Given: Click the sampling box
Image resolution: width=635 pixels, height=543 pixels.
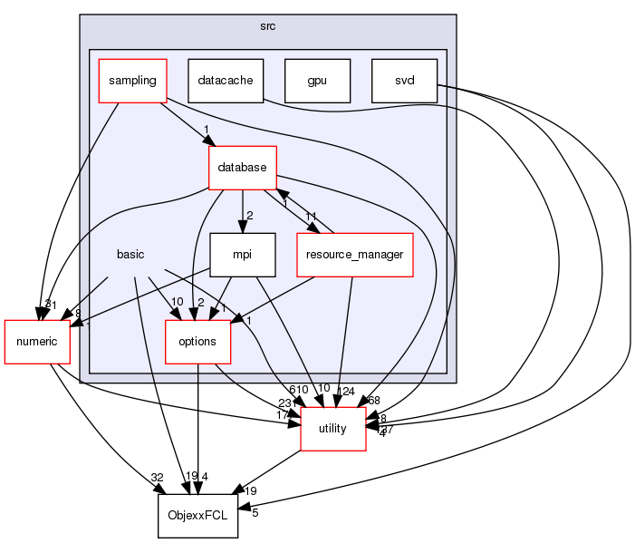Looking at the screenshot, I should tap(133, 81).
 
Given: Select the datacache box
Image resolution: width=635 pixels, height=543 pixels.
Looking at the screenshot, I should tap(226, 81).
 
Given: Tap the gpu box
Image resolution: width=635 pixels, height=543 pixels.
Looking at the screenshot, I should tap(316, 81).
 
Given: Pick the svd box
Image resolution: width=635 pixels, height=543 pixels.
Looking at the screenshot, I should tap(404, 81).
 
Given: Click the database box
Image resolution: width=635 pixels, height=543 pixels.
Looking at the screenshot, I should tap(242, 168).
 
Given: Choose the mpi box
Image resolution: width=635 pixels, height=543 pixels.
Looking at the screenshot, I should tap(242, 255).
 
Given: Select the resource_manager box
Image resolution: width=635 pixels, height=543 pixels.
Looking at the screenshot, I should tap(355, 255).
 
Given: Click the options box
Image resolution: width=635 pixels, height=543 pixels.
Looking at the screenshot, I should tap(197, 342).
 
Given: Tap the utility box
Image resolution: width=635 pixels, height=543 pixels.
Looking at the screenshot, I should tap(332, 429).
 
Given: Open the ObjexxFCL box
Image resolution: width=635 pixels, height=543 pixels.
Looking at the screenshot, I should tap(197, 516).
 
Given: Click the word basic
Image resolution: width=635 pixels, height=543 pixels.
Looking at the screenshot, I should tap(130, 255).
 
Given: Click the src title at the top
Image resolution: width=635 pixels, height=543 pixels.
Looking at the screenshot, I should tap(267, 25).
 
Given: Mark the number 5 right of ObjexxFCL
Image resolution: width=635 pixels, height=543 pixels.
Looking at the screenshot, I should tap(255, 512).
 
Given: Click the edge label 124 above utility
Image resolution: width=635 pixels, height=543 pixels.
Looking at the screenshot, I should tap(345, 392).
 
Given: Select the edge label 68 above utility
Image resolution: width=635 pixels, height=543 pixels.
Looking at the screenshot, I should tap(374, 401).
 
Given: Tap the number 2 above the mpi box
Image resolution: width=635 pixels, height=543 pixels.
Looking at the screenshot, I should tap(250, 216).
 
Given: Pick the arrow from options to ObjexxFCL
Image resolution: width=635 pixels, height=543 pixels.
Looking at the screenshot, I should tap(197, 426).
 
